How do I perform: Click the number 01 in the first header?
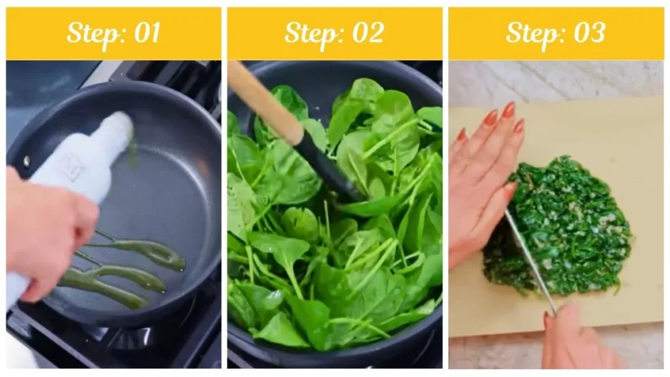[145, 33]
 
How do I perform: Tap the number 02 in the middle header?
[366, 33]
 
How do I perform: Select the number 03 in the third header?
[588, 33]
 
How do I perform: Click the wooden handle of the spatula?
[262, 98]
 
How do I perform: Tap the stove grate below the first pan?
[131, 344]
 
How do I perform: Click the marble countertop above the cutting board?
[556, 82]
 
